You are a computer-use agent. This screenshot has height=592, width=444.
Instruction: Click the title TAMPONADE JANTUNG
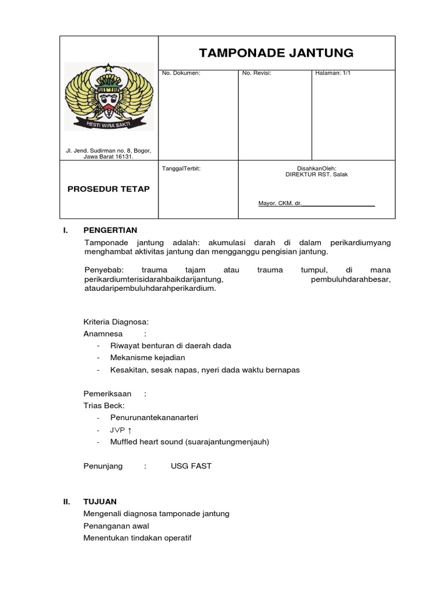(276, 53)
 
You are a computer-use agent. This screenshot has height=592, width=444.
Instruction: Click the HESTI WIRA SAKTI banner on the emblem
(109, 125)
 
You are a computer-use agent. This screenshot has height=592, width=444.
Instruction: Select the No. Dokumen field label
(181, 73)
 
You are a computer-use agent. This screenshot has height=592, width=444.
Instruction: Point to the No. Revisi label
(257, 73)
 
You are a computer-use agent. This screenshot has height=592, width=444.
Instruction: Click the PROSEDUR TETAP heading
(109, 189)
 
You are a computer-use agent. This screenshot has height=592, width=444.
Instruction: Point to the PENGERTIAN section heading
(110, 230)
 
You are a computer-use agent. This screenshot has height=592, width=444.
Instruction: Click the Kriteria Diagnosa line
(116, 321)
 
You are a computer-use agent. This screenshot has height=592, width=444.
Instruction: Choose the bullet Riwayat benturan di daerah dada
(171, 345)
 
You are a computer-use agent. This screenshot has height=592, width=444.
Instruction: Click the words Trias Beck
(104, 405)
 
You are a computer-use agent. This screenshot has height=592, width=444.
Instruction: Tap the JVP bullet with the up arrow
(121, 430)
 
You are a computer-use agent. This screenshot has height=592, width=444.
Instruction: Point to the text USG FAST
(191, 466)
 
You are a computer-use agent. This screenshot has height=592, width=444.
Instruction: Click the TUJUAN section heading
(100, 501)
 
